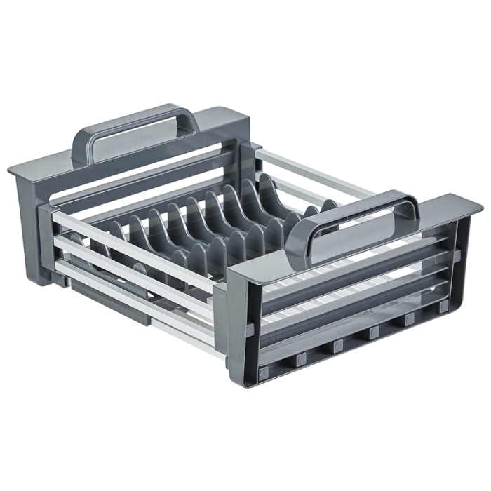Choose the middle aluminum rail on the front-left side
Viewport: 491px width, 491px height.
click(x=133, y=270)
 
